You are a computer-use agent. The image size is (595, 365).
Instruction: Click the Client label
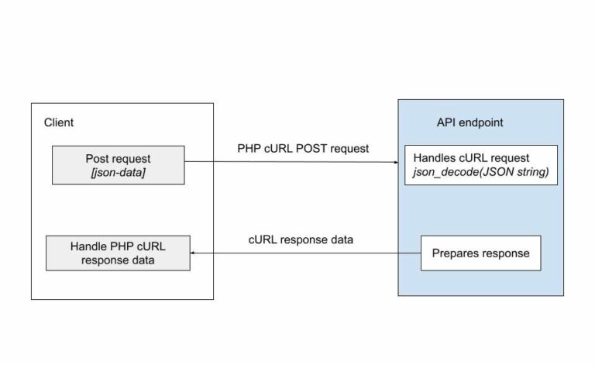coord(58,122)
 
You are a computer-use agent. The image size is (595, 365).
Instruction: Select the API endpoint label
coord(470,122)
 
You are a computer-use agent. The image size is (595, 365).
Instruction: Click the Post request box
coord(119,165)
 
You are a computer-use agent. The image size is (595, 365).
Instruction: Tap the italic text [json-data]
coord(119,172)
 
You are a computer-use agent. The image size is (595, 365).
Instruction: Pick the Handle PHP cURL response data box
coord(119,253)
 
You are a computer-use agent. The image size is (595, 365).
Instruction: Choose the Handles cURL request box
coord(481,164)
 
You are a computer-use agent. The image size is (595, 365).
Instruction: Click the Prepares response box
coord(480,253)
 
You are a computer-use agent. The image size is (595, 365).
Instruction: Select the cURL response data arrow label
coord(301,239)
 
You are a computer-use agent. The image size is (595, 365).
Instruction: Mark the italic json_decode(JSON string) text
coord(481,171)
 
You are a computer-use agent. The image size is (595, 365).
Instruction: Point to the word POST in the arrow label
coord(306,148)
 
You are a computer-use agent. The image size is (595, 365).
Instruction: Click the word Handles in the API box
coord(435,158)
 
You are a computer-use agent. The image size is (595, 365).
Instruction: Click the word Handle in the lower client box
coord(88,246)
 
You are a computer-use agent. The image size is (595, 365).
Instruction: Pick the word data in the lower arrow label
coord(340,239)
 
